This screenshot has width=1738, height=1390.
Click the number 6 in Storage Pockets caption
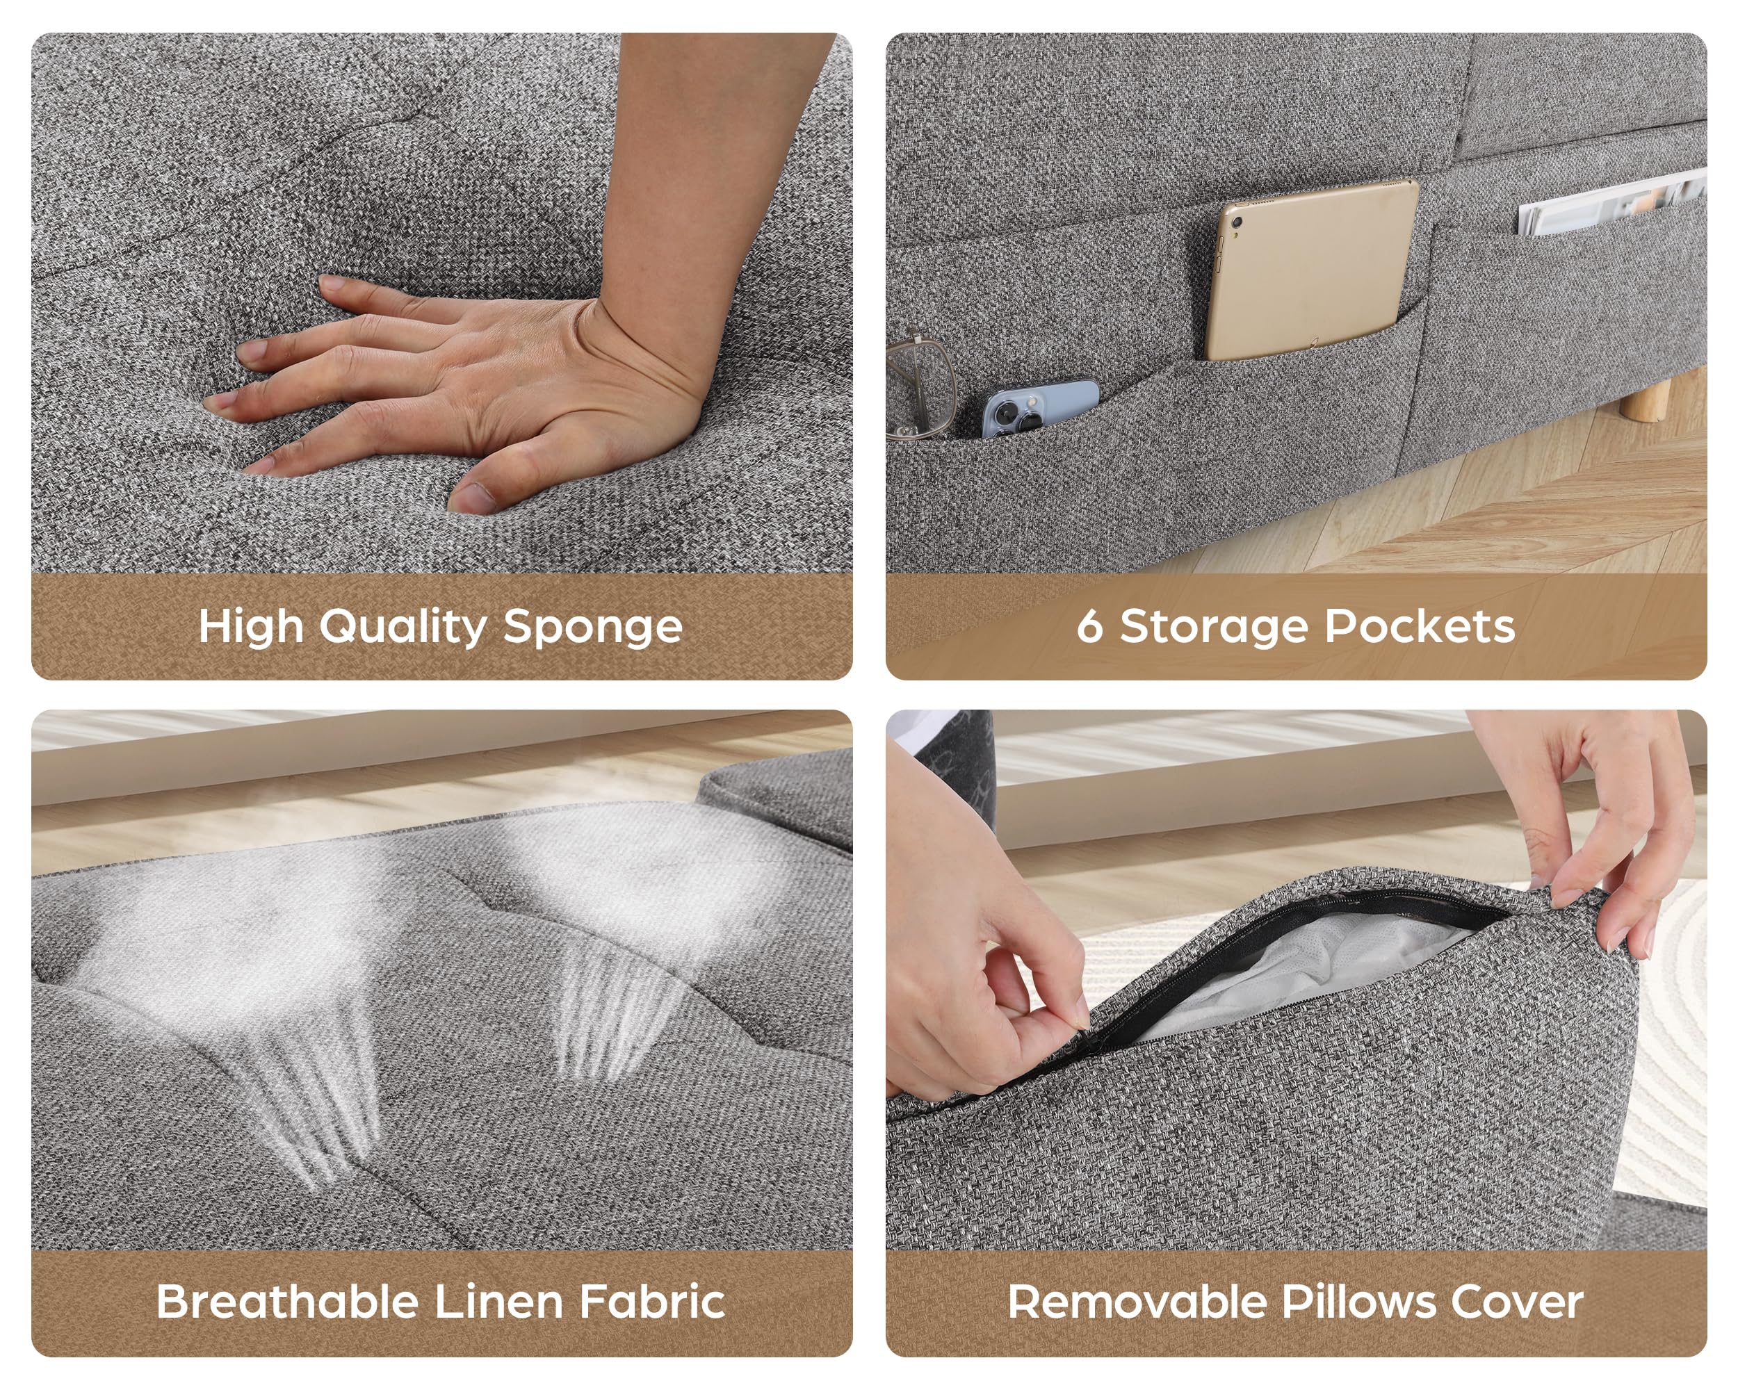tap(1089, 626)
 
